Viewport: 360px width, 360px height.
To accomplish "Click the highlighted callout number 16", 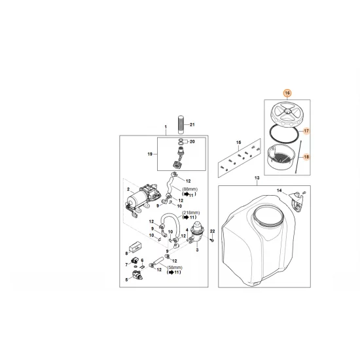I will tap(286, 94).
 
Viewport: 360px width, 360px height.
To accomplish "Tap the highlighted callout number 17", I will tap(306, 131).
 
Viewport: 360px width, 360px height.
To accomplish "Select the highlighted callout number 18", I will tap(306, 158).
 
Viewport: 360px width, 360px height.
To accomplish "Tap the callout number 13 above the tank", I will tap(257, 178).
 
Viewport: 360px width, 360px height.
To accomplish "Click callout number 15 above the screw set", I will tap(239, 142).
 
